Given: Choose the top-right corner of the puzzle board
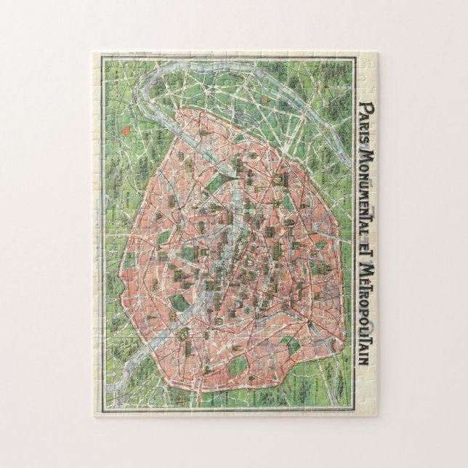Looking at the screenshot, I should point(376,52).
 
